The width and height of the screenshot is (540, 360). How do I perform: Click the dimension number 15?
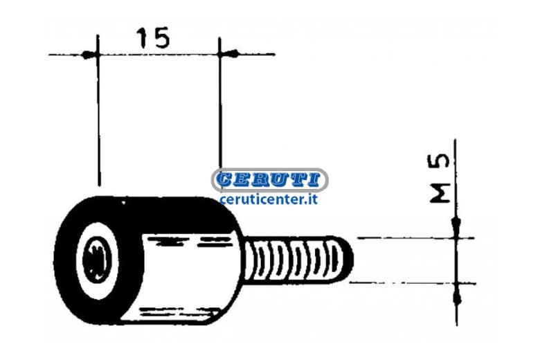click(x=153, y=37)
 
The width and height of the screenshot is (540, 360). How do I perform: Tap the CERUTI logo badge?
click(x=270, y=179)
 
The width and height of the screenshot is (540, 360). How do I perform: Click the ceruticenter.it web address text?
click(x=269, y=199)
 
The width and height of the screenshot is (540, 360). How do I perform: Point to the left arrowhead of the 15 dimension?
click(x=88, y=55)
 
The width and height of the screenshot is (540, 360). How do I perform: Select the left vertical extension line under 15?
click(x=98, y=110)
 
